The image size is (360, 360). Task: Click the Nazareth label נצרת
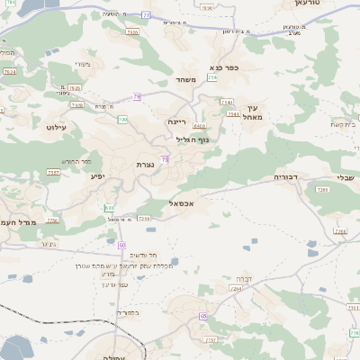pos(145,165)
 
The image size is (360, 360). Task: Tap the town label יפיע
pos(97,175)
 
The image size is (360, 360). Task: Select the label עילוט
pos(57,128)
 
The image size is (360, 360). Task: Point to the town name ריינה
pos(176,121)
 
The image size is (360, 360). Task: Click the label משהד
pos(186,80)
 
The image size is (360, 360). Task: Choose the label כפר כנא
pos(223,67)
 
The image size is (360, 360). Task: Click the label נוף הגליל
pos(194,139)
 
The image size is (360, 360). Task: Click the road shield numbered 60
pos(121,245)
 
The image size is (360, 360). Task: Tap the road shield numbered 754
pos(211,78)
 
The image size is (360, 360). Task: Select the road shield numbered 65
pos(204,317)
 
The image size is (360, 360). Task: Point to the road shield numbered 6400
pos(199,127)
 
